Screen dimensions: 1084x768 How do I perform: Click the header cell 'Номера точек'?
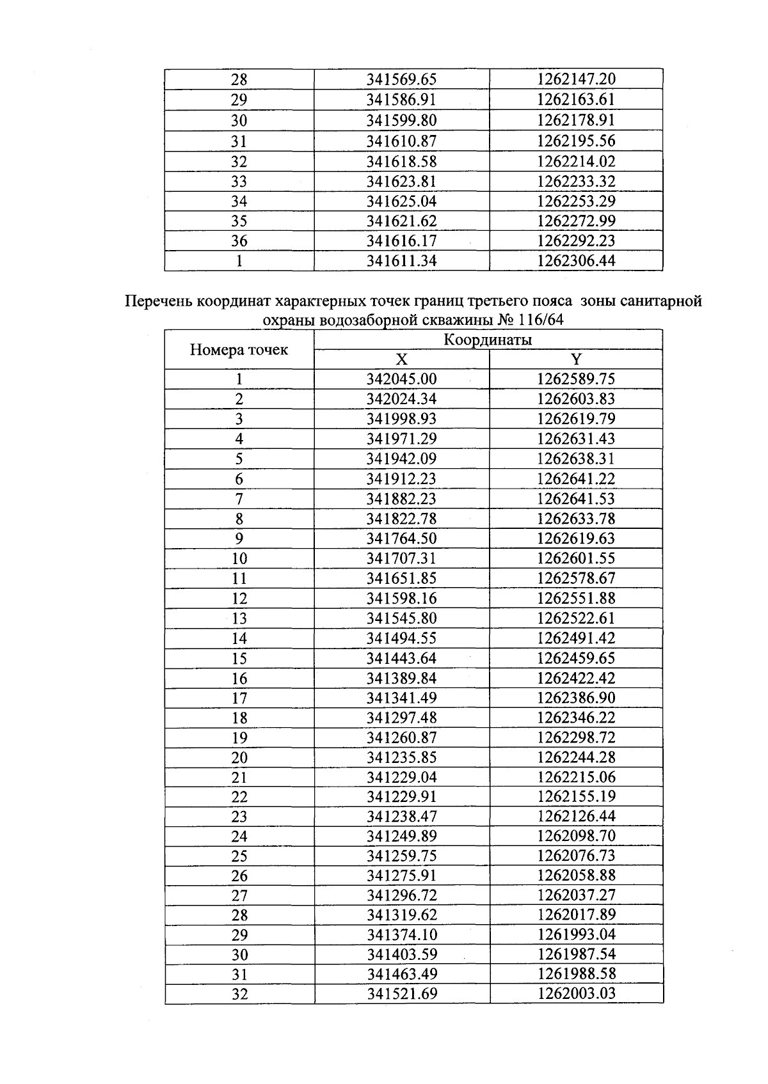point(239,350)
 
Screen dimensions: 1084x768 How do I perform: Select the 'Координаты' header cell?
point(488,340)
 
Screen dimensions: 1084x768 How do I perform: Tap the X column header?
point(401,359)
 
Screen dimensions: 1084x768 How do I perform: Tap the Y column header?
point(576,359)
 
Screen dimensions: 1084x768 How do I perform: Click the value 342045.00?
point(401,379)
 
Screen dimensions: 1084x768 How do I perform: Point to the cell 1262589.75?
point(576,379)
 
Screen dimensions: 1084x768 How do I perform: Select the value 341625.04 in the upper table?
point(401,201)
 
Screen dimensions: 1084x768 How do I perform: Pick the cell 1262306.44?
point(576,261)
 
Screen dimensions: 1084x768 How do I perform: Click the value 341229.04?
point(401,777)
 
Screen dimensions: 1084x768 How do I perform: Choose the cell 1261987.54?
point(576,955)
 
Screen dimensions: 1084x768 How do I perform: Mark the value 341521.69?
point(401,994)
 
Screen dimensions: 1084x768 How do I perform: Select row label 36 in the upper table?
point(239,241)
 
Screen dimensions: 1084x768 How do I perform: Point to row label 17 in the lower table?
point(239,698)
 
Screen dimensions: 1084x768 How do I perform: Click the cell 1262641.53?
point(576,498)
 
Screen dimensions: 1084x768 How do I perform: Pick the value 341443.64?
point(401,658)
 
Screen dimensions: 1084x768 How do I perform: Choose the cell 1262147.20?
point(576,79)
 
